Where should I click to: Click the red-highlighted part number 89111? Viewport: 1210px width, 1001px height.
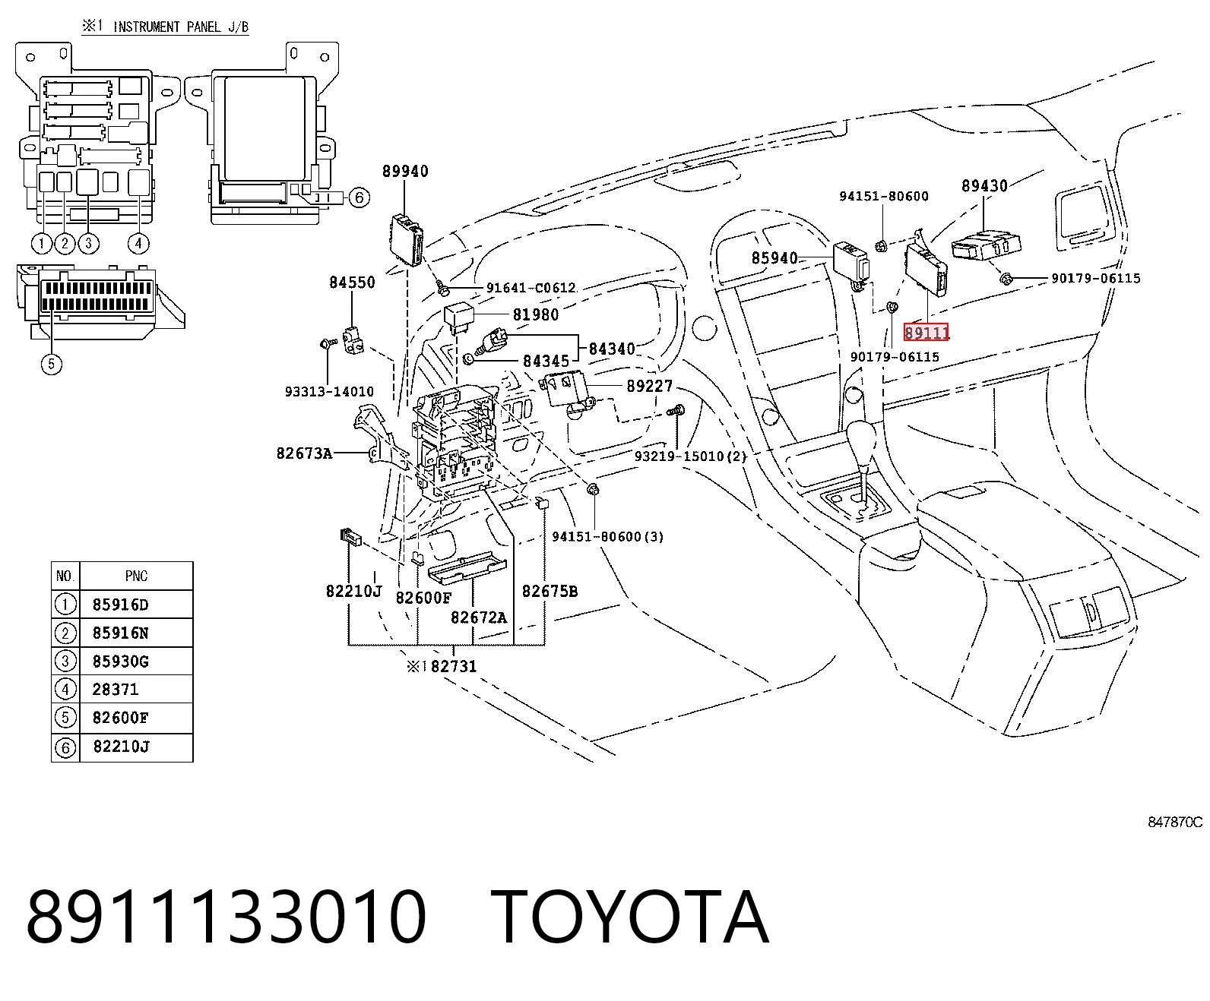point(926,333)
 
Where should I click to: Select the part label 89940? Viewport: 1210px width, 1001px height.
point(405,171)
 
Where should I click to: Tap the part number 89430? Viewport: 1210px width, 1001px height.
point(984,185)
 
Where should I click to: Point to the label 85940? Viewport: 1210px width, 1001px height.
point(774,257)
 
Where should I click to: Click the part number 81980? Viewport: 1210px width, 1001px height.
point(536,314)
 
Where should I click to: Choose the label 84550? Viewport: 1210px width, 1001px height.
point(352,282)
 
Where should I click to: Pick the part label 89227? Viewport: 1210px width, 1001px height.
point(650,386)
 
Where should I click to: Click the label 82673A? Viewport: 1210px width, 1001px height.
point(304,453)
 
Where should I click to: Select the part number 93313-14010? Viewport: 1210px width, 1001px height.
point(329,392)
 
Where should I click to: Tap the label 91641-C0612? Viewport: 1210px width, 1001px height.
point(531,288)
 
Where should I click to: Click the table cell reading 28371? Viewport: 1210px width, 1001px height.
point(116,690)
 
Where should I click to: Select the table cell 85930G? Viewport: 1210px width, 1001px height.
point(121,661)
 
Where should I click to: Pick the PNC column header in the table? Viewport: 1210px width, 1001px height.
point(136,576)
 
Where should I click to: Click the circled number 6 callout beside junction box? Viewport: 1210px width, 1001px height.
point(359,197)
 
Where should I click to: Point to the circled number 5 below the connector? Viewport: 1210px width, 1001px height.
point(52,364)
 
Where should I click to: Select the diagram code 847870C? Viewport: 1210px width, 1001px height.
point(1174,822)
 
